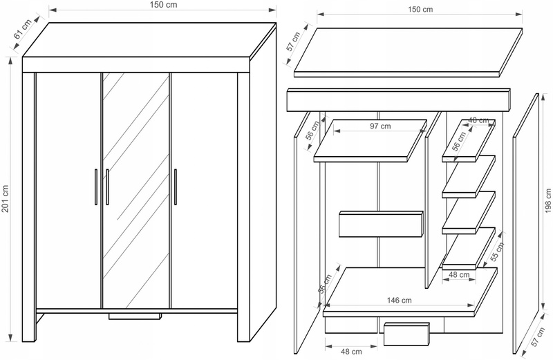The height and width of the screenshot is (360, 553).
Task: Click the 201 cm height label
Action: (x=6, y=200)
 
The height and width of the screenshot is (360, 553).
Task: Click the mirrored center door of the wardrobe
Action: (x=136, y=187)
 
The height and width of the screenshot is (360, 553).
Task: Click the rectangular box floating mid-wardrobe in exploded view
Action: (x=380, y=223)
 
